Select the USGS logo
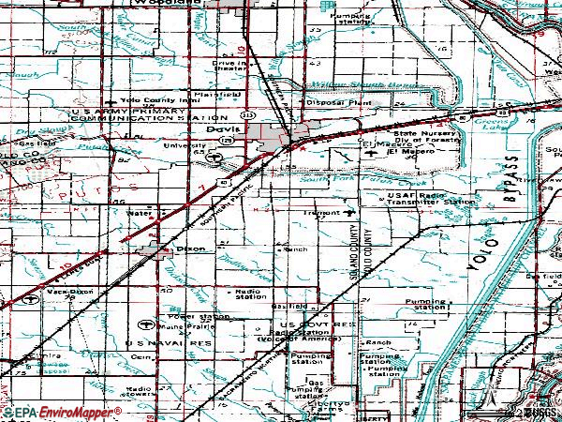[x=540, y=412]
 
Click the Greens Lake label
[x=513, y=122]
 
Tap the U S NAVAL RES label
[x=158, y=344]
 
